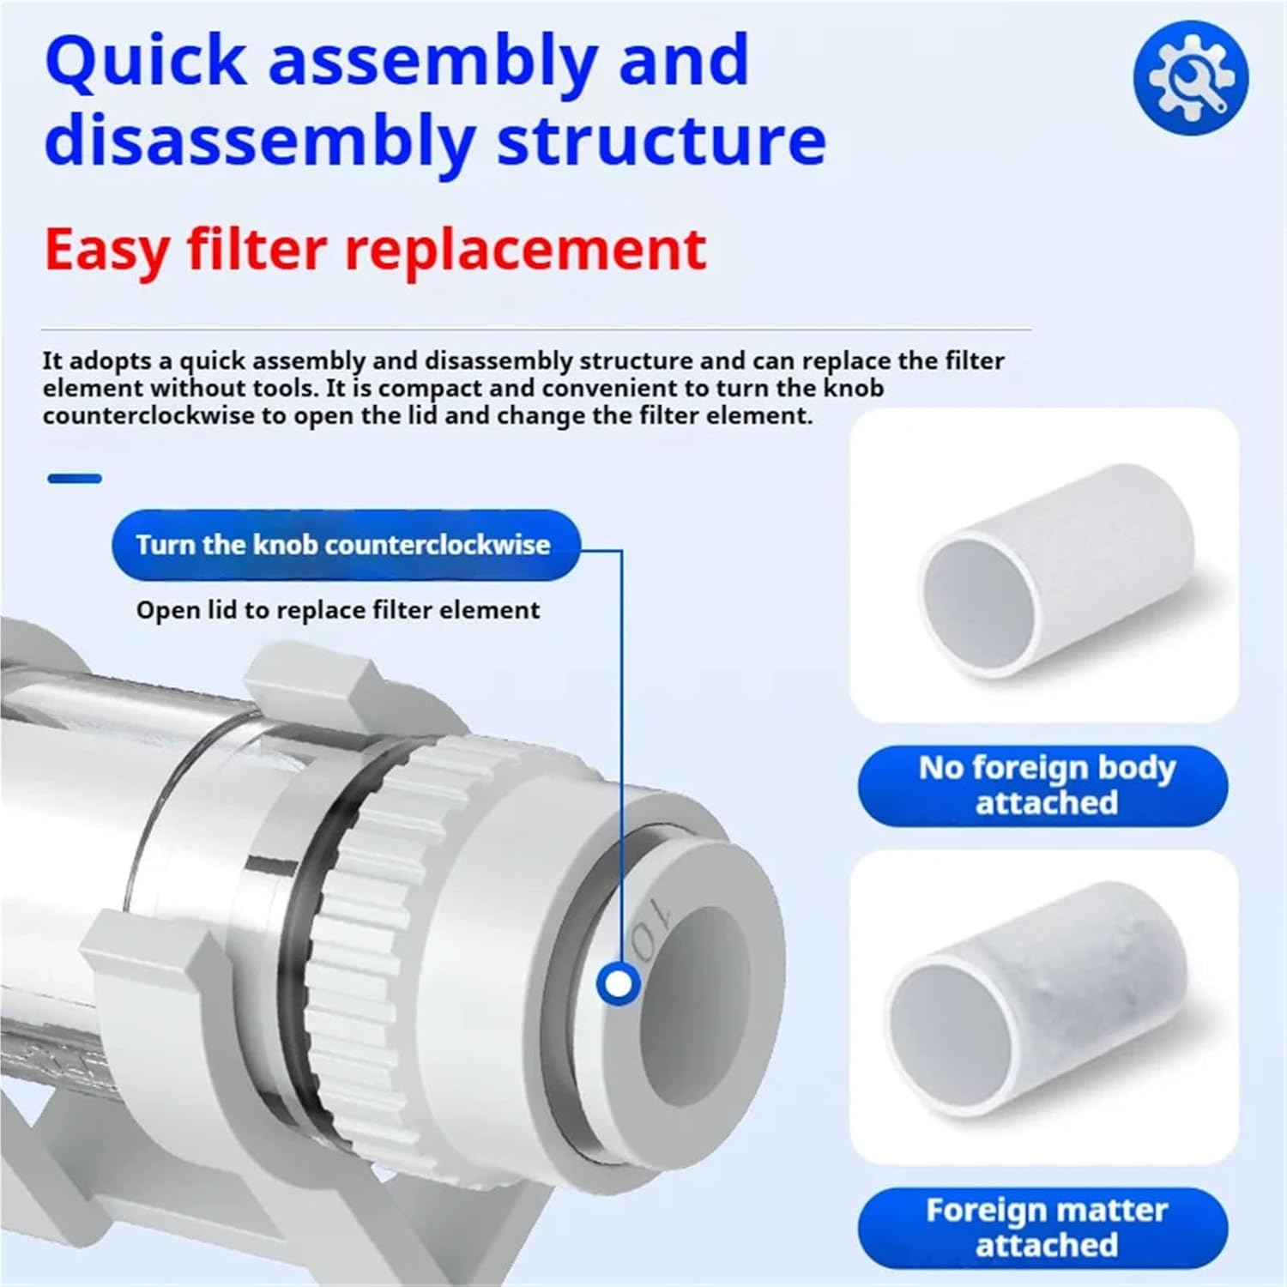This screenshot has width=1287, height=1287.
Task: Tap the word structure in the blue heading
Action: [661, 142]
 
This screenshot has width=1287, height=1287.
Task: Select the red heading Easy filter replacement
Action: [375, 249]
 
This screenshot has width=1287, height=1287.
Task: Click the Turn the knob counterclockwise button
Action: [343, 545]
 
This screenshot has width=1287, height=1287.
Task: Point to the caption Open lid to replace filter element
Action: [338, 610]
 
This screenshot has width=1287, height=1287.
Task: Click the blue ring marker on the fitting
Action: [618, 984]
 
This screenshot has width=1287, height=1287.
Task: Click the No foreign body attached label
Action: [1046, 785]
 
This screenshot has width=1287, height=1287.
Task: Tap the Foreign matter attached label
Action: [1046, 1227]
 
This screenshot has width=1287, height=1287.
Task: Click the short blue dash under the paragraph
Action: [75, 479]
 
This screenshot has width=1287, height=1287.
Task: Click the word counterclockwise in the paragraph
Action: [148, 416]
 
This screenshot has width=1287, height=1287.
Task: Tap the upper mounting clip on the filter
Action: [300, 678]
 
